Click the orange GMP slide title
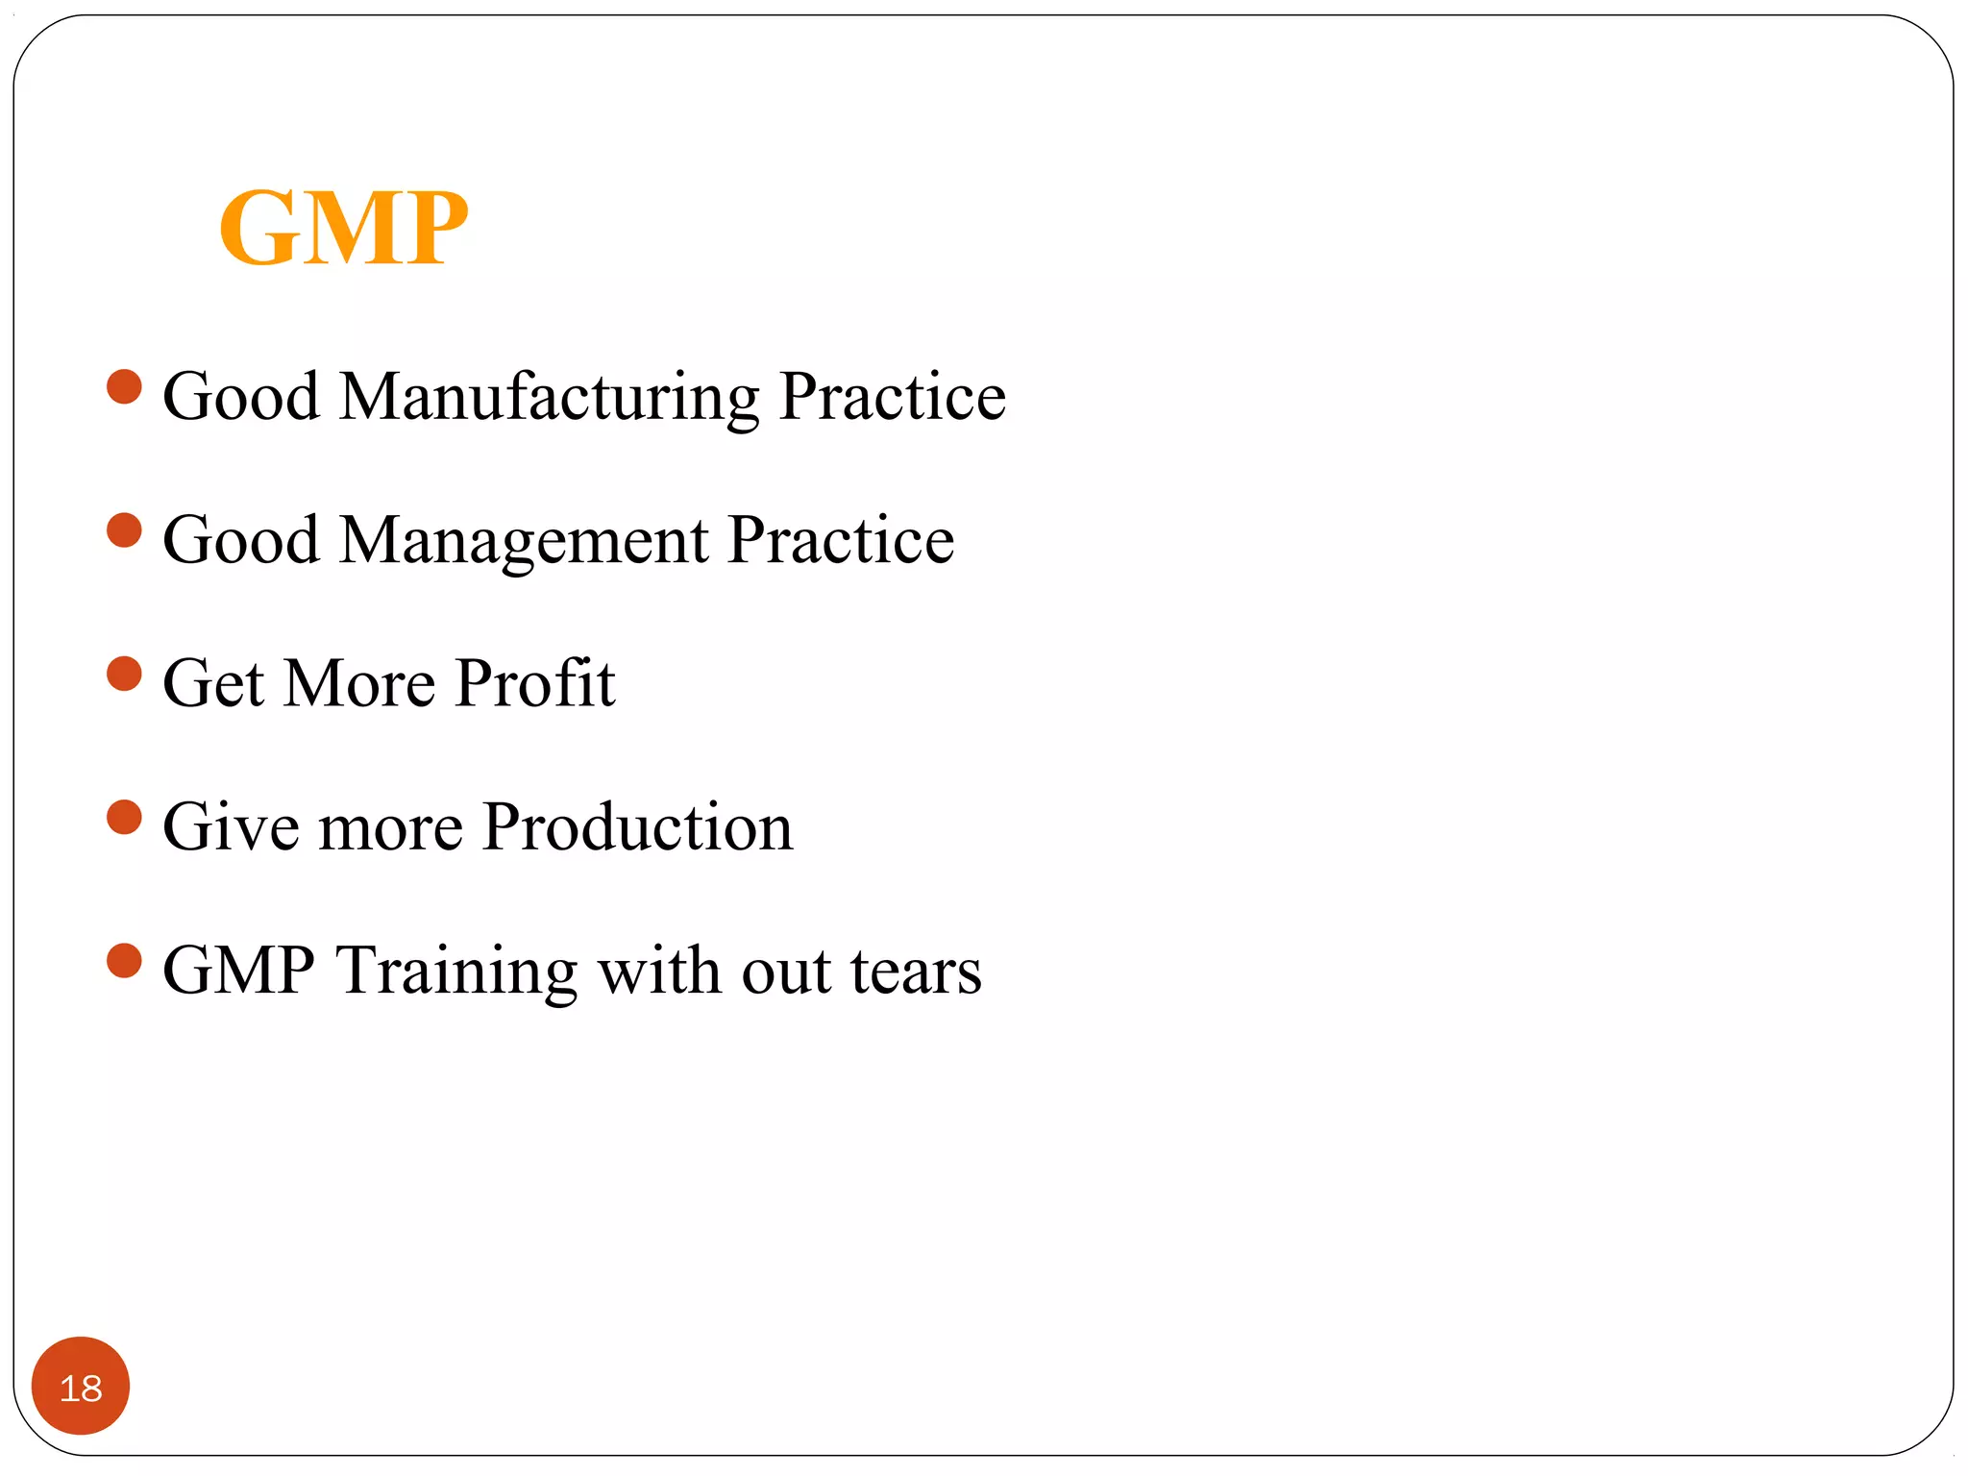[x=343, y=228]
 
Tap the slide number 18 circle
[x=81, y=1386]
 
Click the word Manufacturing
[x=549, y=397]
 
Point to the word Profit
[x=534, y=683]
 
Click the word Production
[x=637, y=826]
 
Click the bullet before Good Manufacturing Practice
[x=124, y=387]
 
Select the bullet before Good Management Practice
[x=124, y=530]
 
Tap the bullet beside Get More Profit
[x=124, y=674]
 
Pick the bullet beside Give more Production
[x=124, y=818]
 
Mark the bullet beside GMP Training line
[x=124, y=961]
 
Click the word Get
[x=213, y=683]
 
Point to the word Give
[x=231, y=826]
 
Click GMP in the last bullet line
[x=238, y=971]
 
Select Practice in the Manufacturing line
[x=892, y=397]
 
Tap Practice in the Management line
[x=841, y=541]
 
